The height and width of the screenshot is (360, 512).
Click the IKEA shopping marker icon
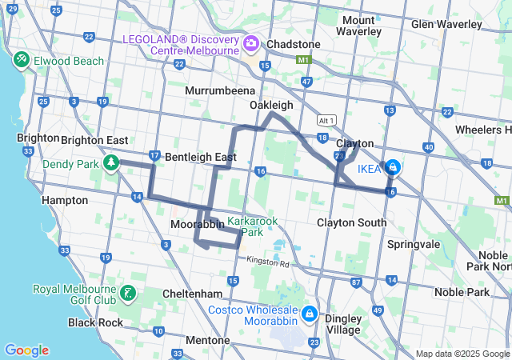pos(393,168)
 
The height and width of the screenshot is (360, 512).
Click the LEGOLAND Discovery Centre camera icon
pos(251,42)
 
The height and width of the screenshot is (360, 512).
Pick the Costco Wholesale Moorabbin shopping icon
pos(310,312)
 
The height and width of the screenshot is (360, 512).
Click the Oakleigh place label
pos(271,105)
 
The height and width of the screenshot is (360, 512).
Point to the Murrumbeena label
pos(219,90)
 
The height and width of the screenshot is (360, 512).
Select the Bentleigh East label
pos(200,158)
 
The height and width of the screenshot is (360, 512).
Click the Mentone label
pos(207,340)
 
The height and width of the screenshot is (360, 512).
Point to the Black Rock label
pos(95,322)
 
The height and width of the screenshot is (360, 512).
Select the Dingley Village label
pos(342,323)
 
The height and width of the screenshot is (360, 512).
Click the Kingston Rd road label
pos(270,262)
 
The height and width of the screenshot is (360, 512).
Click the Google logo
pos(26,350)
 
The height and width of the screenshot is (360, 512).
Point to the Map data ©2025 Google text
pos(462,354)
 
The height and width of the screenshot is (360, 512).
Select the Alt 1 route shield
pos(326,119)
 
